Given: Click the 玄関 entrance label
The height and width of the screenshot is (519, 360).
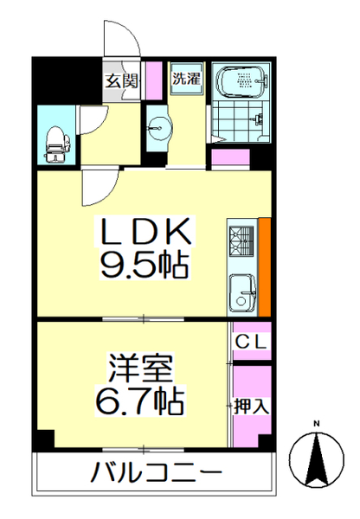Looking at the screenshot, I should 121,81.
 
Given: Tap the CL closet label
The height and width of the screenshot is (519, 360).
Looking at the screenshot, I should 252,342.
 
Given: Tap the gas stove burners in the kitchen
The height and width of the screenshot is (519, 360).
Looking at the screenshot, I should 241,239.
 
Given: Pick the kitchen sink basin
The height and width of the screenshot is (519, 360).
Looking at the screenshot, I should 242,291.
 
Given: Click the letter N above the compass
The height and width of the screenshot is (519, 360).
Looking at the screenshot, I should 317,423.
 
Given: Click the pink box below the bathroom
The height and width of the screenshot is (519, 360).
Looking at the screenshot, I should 230,159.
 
